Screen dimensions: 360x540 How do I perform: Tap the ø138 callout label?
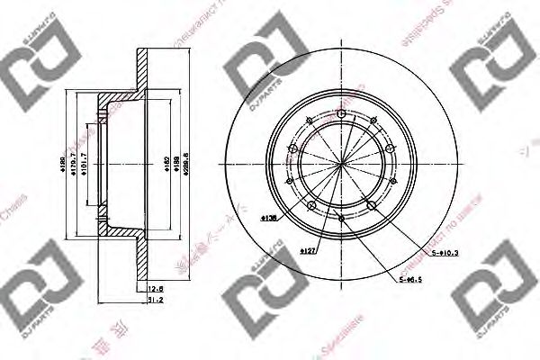(268, 219)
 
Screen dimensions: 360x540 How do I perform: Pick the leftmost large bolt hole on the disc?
(292, 148)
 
